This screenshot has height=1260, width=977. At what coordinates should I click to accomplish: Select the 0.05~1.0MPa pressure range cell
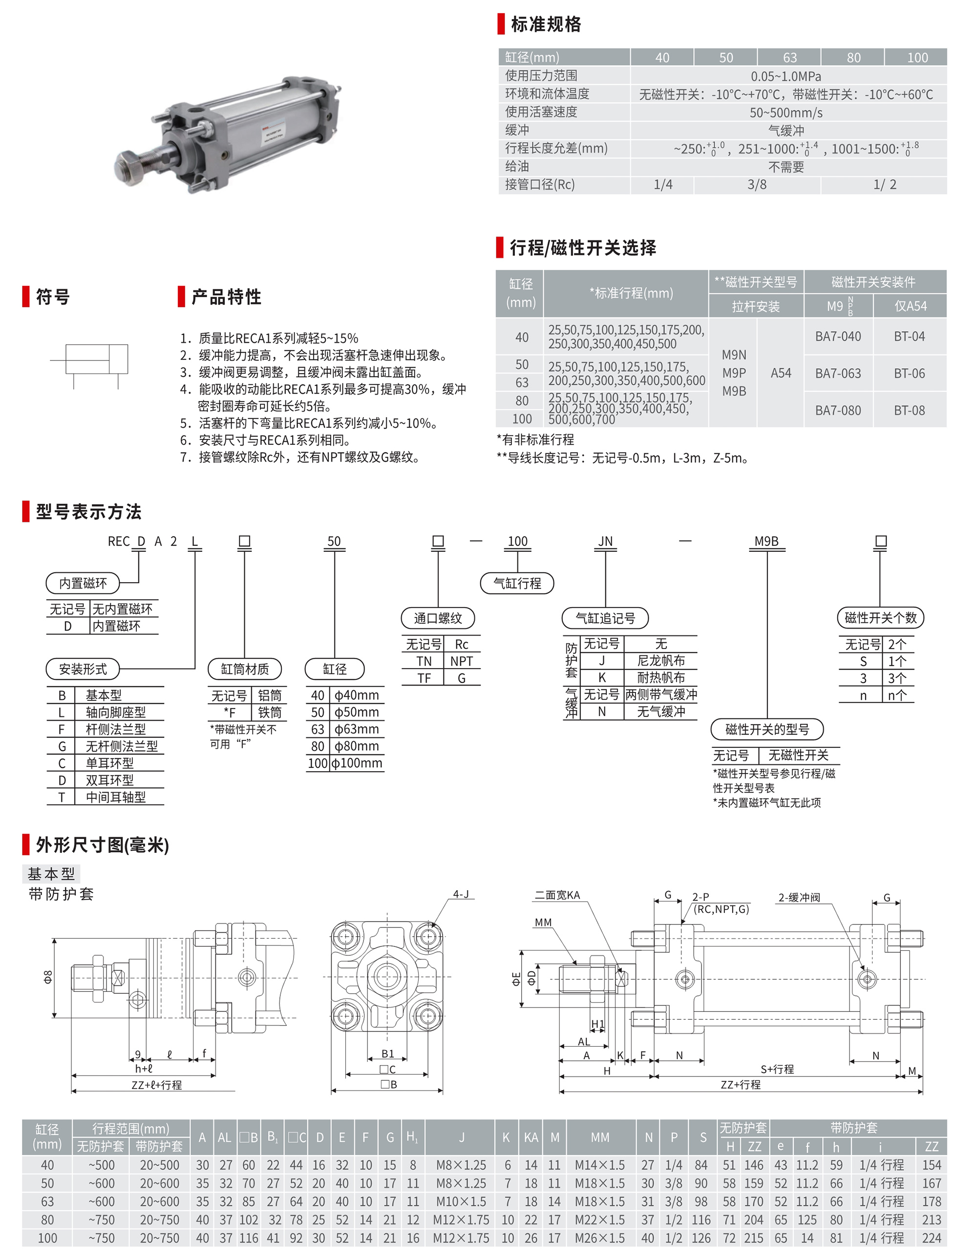[x=786, y=76]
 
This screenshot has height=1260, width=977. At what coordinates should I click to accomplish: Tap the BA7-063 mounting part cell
[x=837, y=373]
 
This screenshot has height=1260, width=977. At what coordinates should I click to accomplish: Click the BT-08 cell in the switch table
[x=909, y=410]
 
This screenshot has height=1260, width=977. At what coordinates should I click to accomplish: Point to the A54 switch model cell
[x=780, y=373]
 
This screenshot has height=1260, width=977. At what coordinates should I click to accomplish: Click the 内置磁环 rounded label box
[x=83, y=583]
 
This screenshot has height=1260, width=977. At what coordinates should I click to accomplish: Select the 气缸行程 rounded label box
[x=517, y=583]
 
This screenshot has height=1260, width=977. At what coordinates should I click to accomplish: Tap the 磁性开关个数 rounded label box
[x=880, y=618]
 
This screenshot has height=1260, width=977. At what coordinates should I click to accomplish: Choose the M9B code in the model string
[x=766, y=541]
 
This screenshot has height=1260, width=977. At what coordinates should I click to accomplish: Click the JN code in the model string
[x=605, y=541]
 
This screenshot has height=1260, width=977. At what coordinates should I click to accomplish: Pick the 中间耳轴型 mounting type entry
[x=115, y=798]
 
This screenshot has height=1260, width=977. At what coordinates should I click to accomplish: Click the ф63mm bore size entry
[x=357, y=729]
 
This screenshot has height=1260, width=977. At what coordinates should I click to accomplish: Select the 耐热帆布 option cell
[x=661, y=678]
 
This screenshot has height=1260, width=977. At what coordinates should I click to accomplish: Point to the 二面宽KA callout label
[x=557, y=895]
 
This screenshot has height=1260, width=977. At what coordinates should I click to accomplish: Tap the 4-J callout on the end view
[x=461, y=894]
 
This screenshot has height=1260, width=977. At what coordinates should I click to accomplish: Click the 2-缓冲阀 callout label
[x=799, y=897]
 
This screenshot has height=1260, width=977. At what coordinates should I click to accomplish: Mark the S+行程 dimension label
[x=777, y=1069]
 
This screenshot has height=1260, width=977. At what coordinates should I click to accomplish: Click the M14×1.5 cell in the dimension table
[x=599, y=1165]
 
